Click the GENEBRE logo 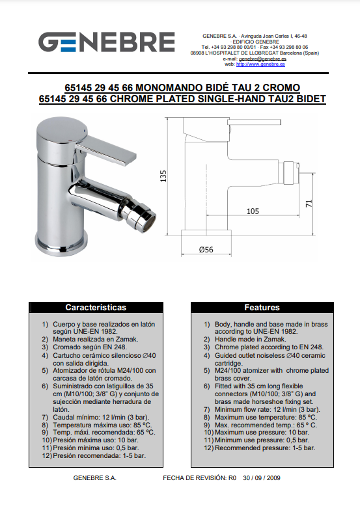pos(107,42)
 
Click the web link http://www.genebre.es pos(260,64)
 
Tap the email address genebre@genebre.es pos(262,59)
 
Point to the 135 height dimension pos(163,176)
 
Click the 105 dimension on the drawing pos(253,211)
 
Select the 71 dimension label pos(309,204)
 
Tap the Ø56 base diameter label pos(206,250)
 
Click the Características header pos(96,307)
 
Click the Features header pos(262,307)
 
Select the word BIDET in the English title pos(311,99)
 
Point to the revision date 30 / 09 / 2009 pos(262,477)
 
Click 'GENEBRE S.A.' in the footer pos(95,477)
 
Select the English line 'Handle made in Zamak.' pos(250,340)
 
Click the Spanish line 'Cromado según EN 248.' pos(90,347)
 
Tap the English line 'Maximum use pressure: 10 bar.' pos(262,432)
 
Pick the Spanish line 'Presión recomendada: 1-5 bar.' pos(99,455)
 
